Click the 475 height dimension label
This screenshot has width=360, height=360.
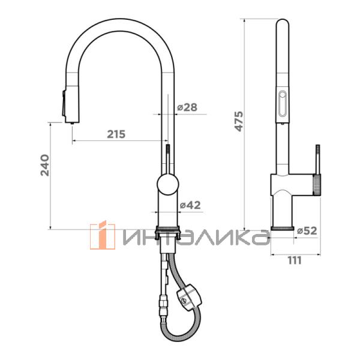click(x=239, y=121)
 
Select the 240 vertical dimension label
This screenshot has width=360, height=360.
click(x=45, y=166)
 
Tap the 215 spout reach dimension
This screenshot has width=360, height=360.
click(x=116, y=134)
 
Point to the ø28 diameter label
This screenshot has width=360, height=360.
click(x=187, y=107)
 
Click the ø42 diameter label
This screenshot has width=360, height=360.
click(x=190, y=205)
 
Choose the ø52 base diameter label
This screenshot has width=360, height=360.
click(x=307, y=230)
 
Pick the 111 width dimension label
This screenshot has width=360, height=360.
click(x=295, y=260)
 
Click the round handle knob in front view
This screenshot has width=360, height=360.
click(x=168, y=184)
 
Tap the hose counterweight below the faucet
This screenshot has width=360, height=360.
click(x=189, y=298)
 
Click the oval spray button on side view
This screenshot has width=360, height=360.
click(x=282, y=103)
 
